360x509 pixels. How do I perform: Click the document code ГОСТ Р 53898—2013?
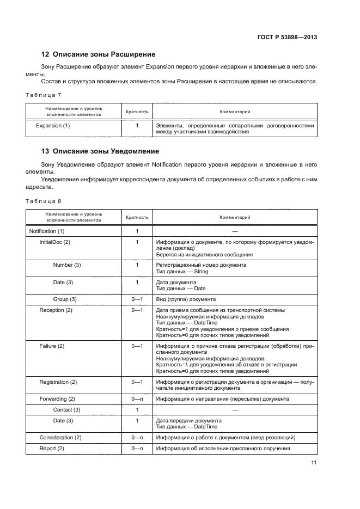tap(288, 37)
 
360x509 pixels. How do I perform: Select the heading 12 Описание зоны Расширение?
tap(99, 54)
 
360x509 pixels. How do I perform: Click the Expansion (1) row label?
tap(53, 125)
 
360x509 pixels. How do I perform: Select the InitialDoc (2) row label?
tap(55, 242)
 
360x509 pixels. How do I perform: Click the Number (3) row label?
tap(67, 265)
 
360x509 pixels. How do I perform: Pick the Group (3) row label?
tap(65, 299)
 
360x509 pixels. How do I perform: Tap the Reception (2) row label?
tap(56, 310)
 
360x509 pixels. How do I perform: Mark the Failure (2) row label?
tap(52, 346)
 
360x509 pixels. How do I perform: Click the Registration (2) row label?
tap(58, 382)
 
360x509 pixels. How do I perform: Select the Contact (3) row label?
tap(67, 409)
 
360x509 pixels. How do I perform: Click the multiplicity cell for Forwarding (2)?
tap(137, 399)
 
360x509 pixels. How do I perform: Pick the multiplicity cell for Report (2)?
tap(137, 449)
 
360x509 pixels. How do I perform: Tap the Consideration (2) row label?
tap(60, 438)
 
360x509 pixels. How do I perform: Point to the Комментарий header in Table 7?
tap(235, 111)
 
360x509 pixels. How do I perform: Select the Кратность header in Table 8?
tap(137, 217)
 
